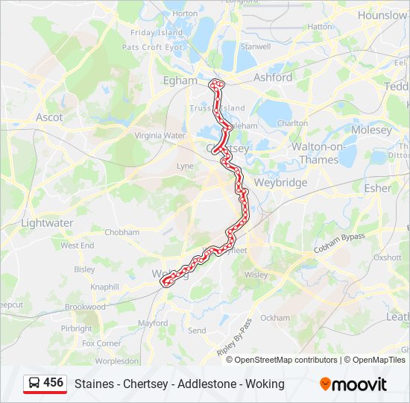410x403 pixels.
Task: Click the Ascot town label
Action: click(x=49, y=117)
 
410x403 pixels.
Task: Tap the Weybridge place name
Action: click(x=281, y=182)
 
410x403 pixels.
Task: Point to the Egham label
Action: click(x=180, y=80)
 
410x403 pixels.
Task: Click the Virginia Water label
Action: click(x=160, y=136)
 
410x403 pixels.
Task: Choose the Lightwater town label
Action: click(x=47, y=222)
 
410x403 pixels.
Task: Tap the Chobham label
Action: click(x=122, y=232)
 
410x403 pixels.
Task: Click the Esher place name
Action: click(x=377, y=188)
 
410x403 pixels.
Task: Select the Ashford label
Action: click(x=273, y=77)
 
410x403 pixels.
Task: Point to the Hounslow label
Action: click(x=382, y=15)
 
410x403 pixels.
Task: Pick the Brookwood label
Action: click(x=85, y=307)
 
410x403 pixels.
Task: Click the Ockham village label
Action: click(x=275, y=318)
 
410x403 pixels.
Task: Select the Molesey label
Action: click(x=370, y=130)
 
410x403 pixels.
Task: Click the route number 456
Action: click(x=53, y=382)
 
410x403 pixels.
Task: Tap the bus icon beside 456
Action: click(x=34, y=383)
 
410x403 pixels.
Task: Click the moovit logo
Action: click(x=353, y=384)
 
